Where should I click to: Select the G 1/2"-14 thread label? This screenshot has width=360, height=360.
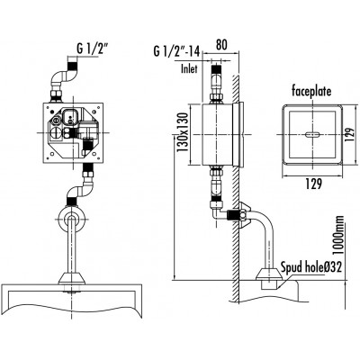tap(176, 51)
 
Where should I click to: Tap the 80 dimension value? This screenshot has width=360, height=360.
tap(221, 45)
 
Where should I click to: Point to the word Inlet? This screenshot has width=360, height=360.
tap(189, 68)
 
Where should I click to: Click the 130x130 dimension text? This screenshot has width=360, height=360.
tap(182, 132)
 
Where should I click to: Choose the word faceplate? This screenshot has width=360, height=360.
tap(311, 91)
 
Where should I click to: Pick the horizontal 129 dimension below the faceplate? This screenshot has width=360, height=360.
tap(313, 184)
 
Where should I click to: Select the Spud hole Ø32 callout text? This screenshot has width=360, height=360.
tap(311, 266)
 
